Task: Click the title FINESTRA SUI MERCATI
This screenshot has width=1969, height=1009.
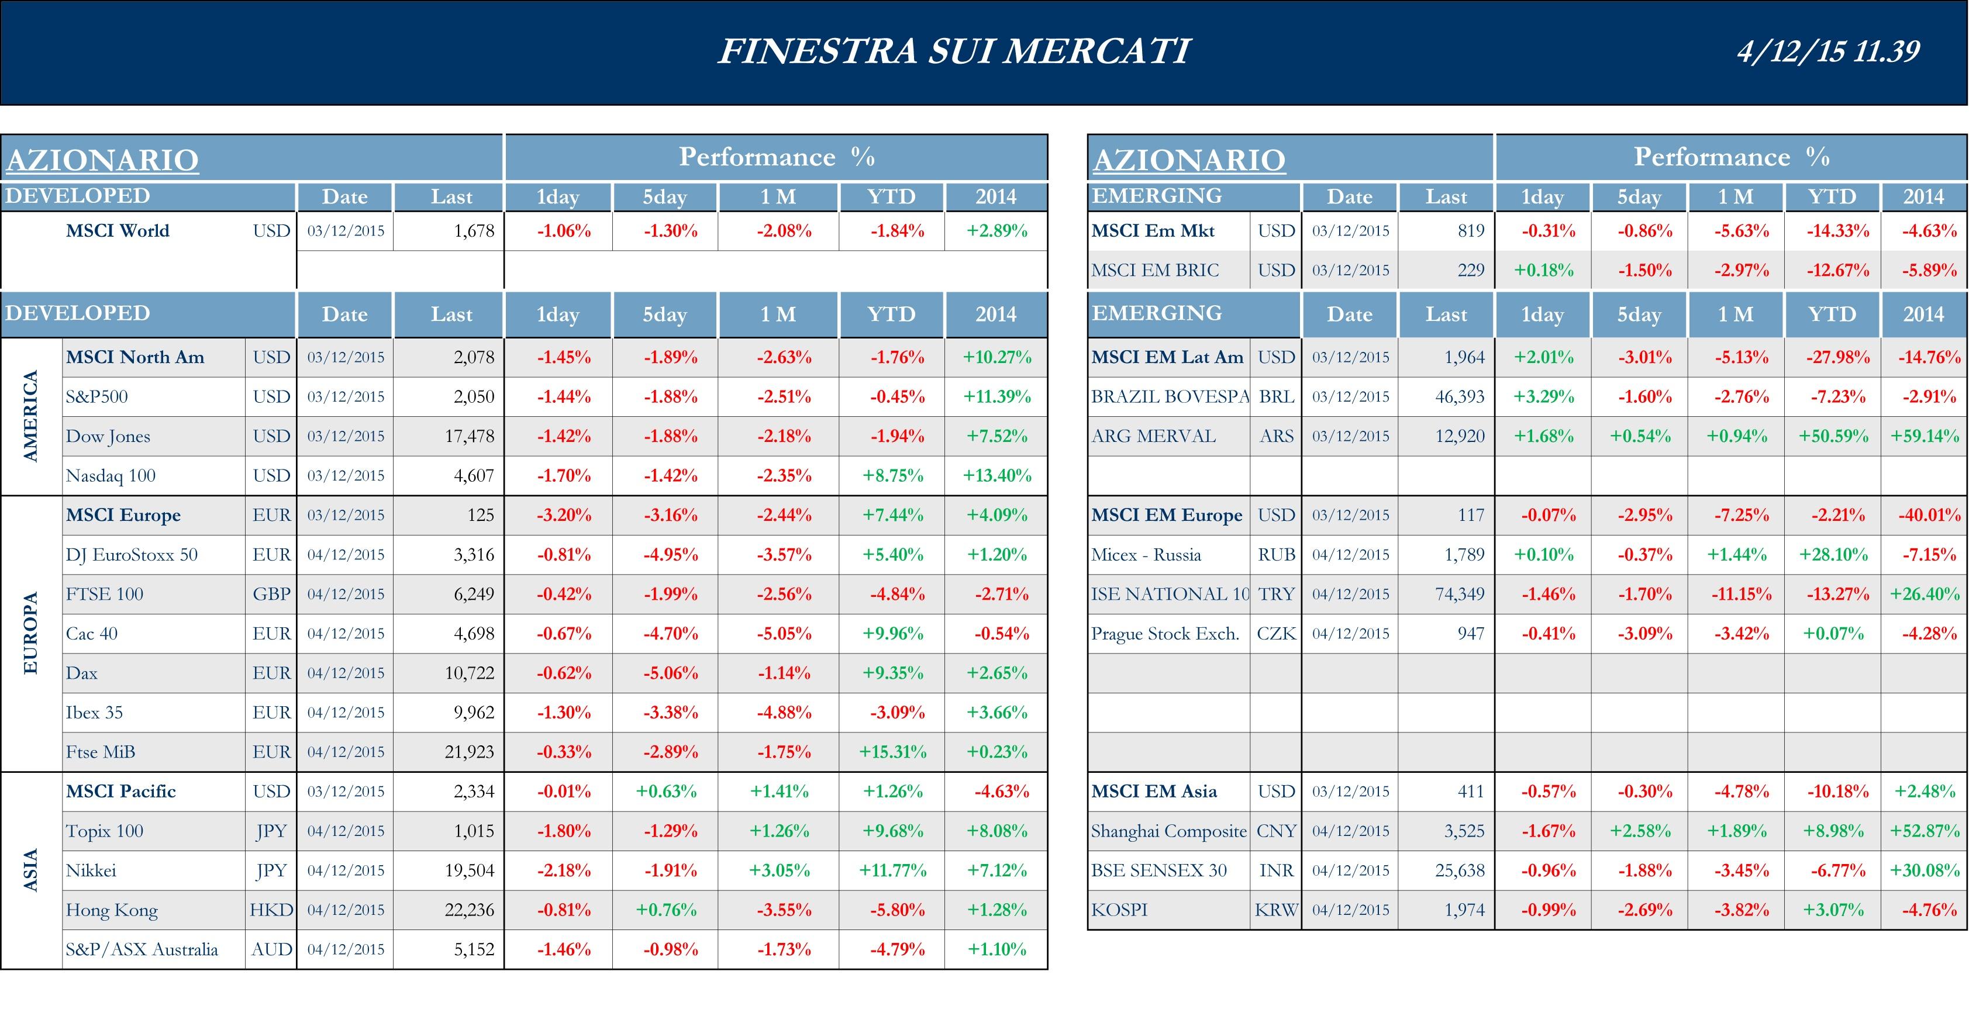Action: [954, 51]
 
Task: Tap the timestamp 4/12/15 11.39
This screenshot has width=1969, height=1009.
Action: [1827, 51]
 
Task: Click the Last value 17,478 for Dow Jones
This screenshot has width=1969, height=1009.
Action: [470, 436]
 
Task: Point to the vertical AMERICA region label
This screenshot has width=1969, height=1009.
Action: [30, 416]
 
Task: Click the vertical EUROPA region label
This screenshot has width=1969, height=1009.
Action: [30, 633]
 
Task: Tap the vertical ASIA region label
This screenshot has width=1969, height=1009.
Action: [30, 870]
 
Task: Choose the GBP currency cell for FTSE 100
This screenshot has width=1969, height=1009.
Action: [271, 595]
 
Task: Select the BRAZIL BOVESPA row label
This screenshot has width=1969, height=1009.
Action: [1169, 396]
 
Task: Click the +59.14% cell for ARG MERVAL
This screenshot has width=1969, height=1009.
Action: [1924, 436]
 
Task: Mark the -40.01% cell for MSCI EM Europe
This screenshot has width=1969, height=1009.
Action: [1929, 515]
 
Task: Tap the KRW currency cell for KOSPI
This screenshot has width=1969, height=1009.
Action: [1275, 910]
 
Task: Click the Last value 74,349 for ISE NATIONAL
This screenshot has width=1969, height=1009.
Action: [1459, 595]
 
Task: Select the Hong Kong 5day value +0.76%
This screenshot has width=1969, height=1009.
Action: [665, 910]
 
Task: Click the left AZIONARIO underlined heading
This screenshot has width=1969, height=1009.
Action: [102, 160]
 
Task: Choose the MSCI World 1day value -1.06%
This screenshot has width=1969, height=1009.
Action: [563, 231]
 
